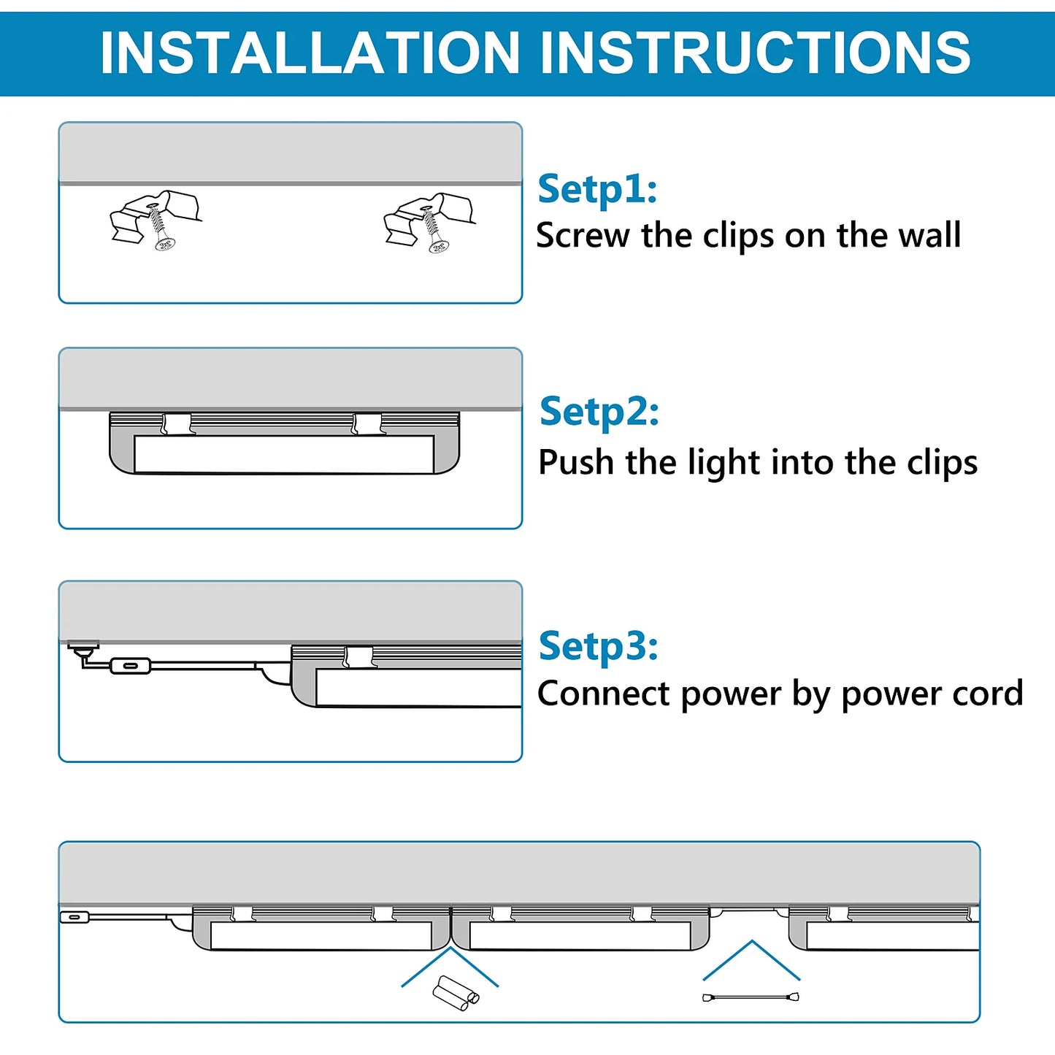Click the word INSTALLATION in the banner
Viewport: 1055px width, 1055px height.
(x=310, y=53)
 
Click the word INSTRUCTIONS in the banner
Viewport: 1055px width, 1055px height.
(x=755, y=53)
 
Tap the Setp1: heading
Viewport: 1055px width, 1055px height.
(x=597, y=189)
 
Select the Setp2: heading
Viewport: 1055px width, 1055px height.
(x=599, y=412)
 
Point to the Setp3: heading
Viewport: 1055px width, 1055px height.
(x=598, y=646)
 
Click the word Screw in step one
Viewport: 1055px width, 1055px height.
(x=583, y=236)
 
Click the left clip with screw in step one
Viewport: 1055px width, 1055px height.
(x=156, y=220)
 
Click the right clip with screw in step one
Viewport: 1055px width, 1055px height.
(x=429, y=221)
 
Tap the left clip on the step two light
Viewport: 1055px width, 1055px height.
(x=177, y=423)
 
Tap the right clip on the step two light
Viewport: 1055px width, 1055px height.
(x=367, y=423)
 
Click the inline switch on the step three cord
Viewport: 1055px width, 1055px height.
(x=130, y=665)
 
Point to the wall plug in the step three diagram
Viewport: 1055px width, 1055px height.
(x=83, y=646)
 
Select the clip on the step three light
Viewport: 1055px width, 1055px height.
(x=358, y=656)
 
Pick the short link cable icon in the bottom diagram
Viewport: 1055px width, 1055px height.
(x=751, y=997)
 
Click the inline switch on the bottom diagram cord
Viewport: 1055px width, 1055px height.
(x=74, y=916)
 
